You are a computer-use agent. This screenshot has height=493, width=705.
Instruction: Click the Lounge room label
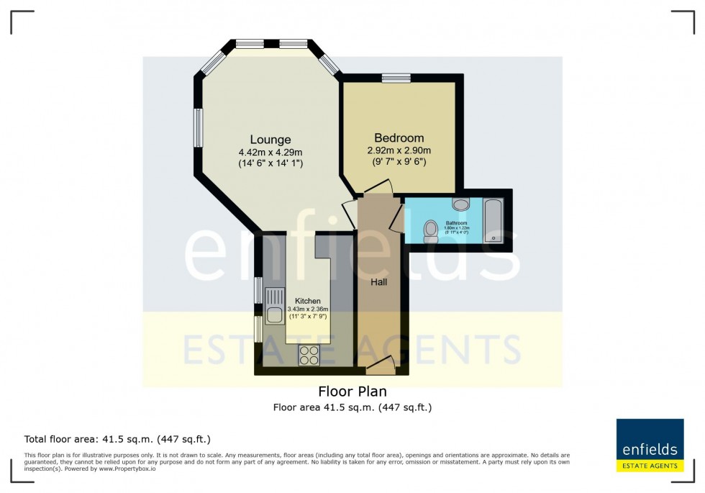coord(270,140)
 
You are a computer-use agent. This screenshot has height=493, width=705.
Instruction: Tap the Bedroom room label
coord(399,138)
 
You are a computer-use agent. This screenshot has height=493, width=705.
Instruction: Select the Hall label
coord(379,282)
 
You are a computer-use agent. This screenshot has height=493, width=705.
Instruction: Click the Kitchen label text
coord(308,302)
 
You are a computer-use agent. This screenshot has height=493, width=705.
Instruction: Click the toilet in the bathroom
coord(430,230)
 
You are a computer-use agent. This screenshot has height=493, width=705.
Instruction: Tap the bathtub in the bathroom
coord(494,220)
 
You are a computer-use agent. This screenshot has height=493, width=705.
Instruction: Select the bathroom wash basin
coord(461,205)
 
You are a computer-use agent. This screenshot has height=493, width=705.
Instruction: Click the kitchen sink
coord(274,304)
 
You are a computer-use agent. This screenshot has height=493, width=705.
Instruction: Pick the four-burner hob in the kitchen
coord(309,355)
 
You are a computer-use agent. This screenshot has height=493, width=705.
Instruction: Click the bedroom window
coord(396,78)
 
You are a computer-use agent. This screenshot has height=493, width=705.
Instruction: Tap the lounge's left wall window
coord(198,128)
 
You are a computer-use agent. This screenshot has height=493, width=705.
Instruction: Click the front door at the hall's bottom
coord(380,368)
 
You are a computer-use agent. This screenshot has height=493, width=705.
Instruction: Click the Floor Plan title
coord(352,392)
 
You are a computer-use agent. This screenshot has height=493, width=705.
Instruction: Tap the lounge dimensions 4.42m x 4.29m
coord(270,152)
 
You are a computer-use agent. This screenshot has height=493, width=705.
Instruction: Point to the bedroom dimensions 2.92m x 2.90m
coord(399,150)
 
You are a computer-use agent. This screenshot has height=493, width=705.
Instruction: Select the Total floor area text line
coord(117,438)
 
